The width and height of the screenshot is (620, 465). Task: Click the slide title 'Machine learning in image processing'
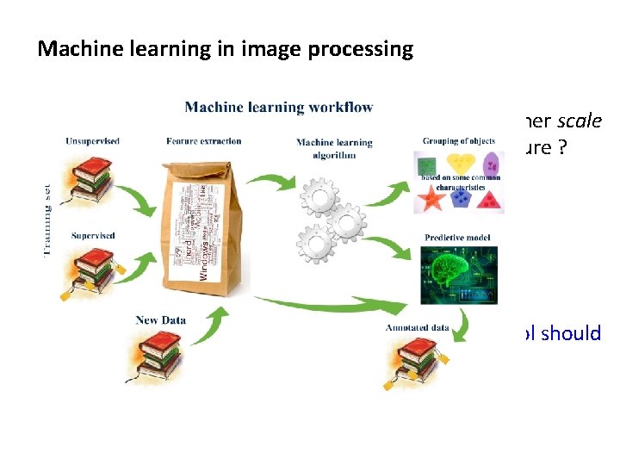pyautogui.click(x=226, y=49)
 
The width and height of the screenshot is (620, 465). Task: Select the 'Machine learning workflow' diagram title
pyautogui.click(x=279, y=108)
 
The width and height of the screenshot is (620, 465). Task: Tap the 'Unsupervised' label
pyautogui.click(x=89, y=141)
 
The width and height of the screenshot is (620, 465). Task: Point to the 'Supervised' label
pyautogui.click(x=94, y=235)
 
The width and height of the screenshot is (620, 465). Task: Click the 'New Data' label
pyautogui.click(x=160, y=320)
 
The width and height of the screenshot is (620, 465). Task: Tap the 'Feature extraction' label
pyautogui.click(x=204, y=141)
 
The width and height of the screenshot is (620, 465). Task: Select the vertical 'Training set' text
pyautogui.click(x=48, y=218)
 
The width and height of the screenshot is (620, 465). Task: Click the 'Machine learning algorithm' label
pyautogui.click(x=334, y=148)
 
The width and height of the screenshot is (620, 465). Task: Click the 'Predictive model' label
pyautogui.click(x=459, y=236)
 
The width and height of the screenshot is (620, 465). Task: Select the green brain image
pyautogui.click(x=458, y=275)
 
